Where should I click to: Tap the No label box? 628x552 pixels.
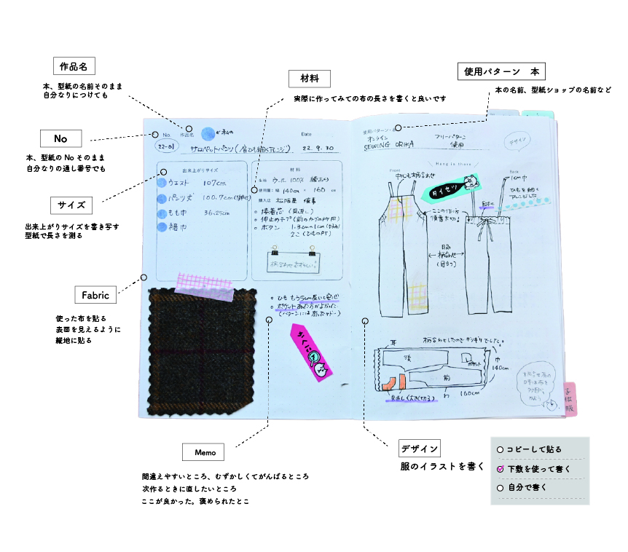click(60, 138)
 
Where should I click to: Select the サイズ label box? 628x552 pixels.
click(71, 205)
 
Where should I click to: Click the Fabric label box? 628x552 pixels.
click(95, 295)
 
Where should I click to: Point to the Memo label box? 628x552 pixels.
click(205, 452)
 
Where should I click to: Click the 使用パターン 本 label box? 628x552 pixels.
click(501, 71)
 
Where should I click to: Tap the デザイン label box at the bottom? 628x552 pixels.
click(420, 449)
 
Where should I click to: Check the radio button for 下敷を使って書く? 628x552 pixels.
click(500, 469)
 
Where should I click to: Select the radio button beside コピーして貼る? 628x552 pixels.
click(500, 449)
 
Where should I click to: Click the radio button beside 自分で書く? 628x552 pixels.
click(500, 488)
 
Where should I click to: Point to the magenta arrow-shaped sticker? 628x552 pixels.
click(312, 353)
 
